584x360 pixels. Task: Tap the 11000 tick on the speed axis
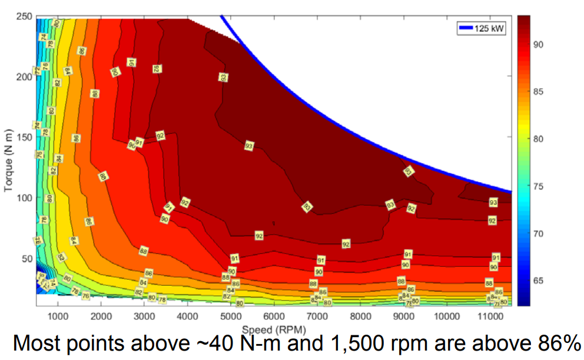(490, 316)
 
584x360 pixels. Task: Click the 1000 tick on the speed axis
(58, 316)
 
